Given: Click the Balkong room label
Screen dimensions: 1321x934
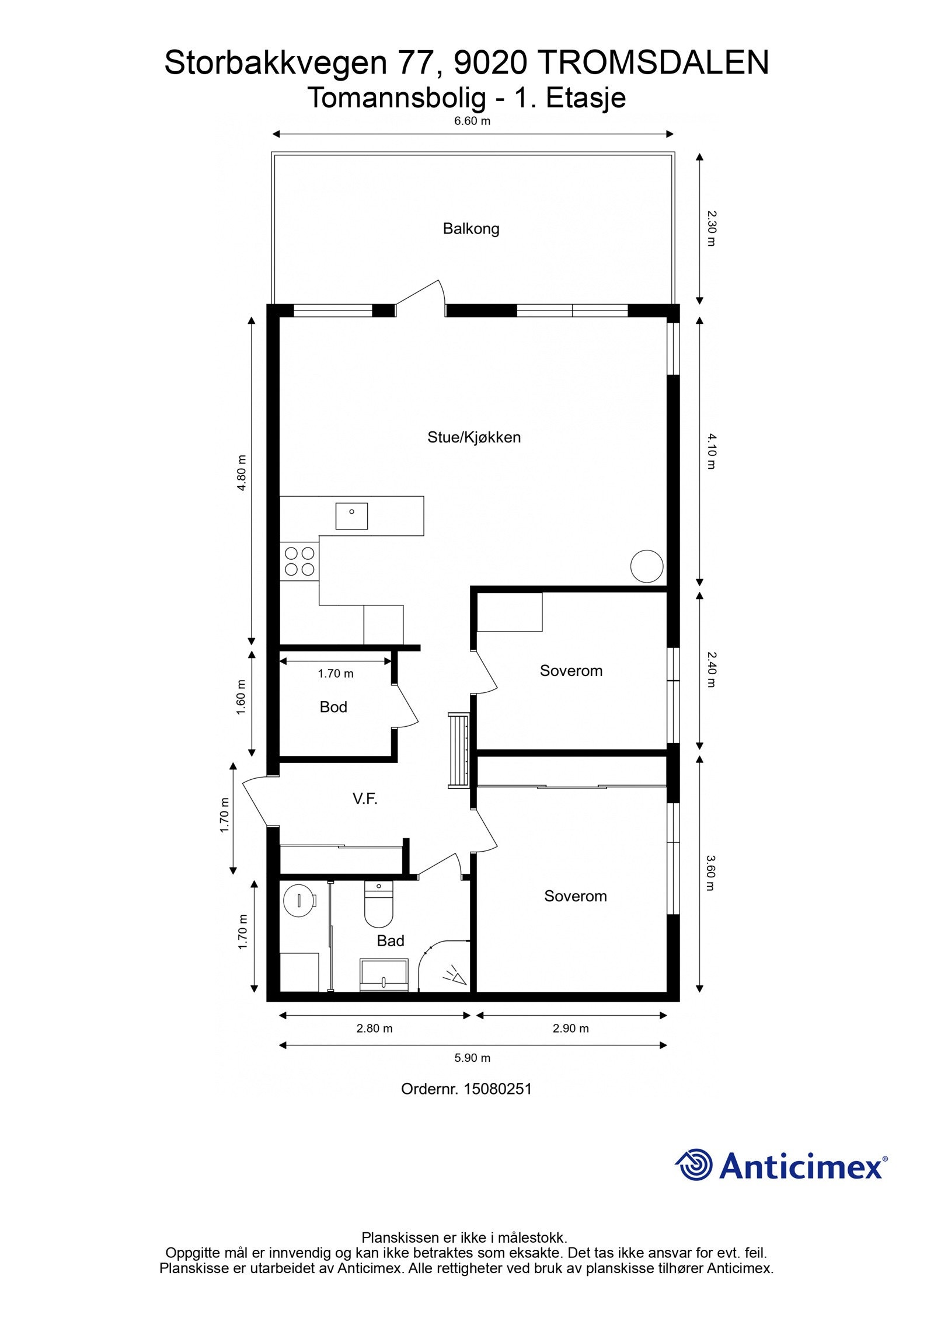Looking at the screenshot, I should (471, 228).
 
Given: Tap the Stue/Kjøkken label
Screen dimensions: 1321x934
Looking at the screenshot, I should (473, 437).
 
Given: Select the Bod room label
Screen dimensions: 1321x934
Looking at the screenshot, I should (333, 707).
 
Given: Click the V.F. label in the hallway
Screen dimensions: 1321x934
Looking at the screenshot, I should (365, 799).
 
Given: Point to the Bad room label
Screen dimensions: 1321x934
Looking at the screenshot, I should (390, 940).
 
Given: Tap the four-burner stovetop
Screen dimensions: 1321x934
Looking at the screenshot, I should (299, 561).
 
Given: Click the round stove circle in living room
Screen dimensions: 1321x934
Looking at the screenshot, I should (647, 566).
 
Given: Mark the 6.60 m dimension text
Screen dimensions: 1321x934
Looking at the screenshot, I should (472, 121).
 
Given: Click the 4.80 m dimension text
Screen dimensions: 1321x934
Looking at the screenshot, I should (242, 473).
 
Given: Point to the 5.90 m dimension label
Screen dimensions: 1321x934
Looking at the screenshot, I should (472, 1058).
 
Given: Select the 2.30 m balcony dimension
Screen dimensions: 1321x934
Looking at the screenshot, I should (710, 228).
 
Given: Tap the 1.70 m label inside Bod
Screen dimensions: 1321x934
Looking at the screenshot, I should (336, 674).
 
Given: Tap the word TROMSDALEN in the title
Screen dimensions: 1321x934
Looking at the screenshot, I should (652, 62).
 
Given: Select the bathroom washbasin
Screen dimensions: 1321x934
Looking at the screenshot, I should (384, 975).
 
